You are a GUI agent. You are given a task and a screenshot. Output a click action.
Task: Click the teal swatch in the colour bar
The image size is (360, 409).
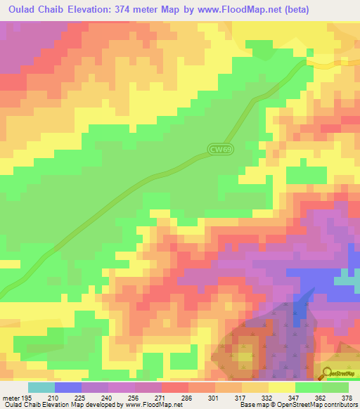click(41, 388)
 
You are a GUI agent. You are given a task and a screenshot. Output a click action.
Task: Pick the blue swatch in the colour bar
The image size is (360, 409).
click(68, 388)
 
